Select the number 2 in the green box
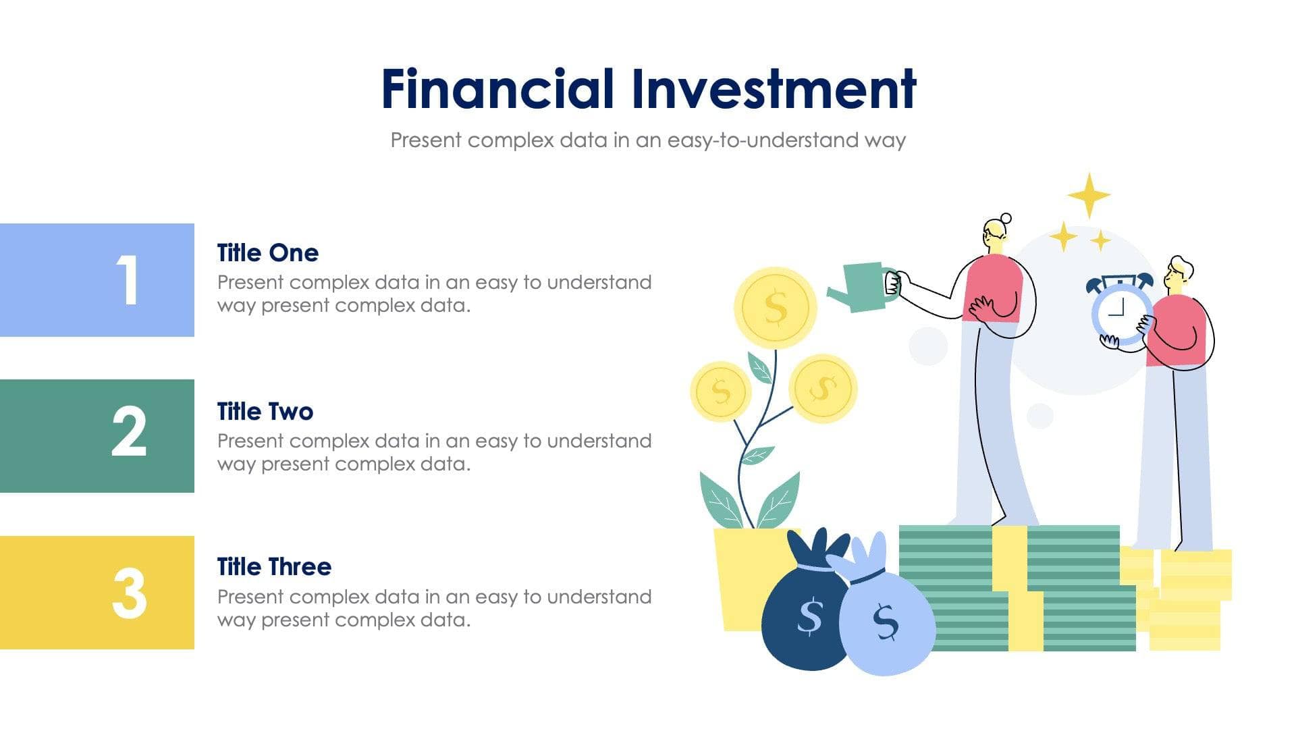tap(128, 432)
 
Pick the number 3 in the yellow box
tap(128, 593)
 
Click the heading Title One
tap(267, 253)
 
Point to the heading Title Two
tap(265, 412)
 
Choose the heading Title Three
tap(273, 567)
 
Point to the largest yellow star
tap(1088, 196)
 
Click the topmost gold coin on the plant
tap(775, 308)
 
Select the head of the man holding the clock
tap(1178, 273)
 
